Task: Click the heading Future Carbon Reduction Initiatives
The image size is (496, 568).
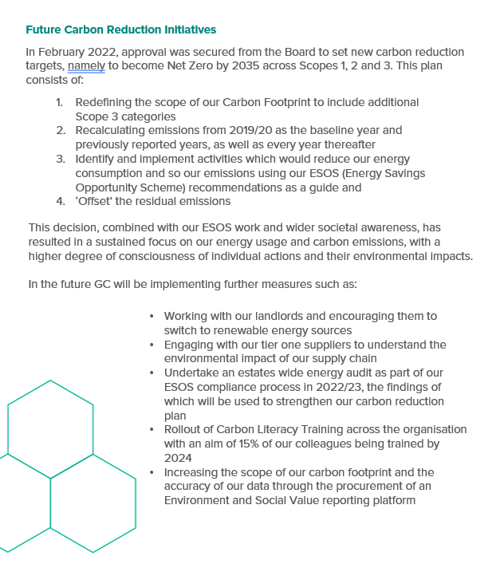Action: click(120, 30)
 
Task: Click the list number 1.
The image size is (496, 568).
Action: click(60, 103)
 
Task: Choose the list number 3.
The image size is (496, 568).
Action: click(60, 159)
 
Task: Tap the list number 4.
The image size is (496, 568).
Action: click(60, 201)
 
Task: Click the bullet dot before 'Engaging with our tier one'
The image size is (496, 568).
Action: click(152, 345)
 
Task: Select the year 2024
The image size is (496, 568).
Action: click(178, 457)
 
